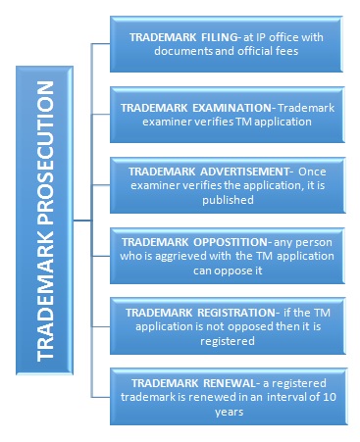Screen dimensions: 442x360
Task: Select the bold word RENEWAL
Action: click(x=206, y=381)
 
